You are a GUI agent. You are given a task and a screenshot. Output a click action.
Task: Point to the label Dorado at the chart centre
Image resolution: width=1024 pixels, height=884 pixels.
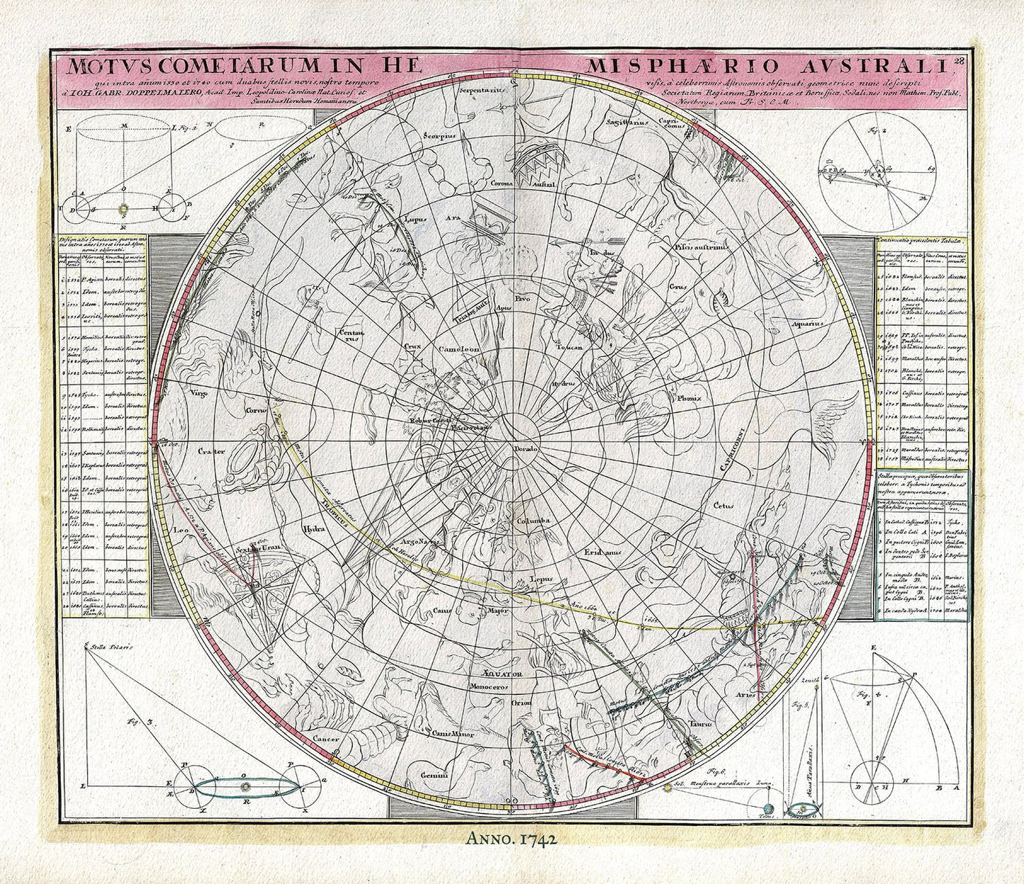527,450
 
